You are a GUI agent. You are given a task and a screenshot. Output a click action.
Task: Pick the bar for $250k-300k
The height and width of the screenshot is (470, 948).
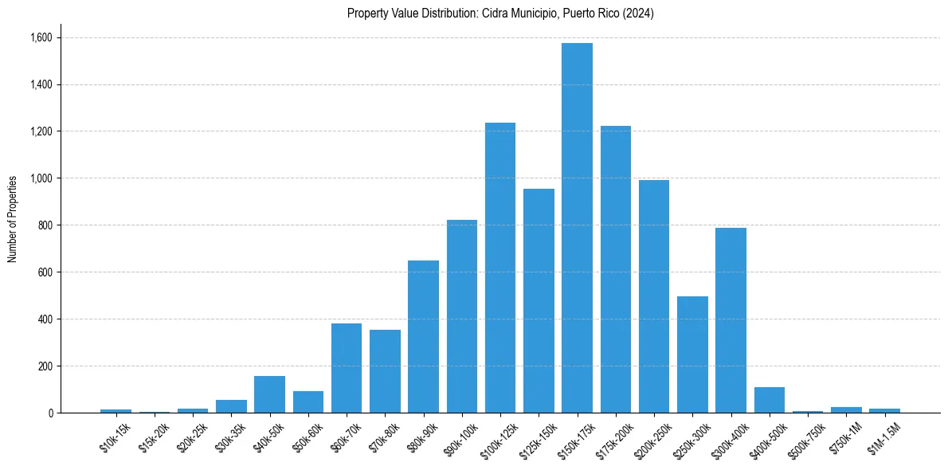(692, 354)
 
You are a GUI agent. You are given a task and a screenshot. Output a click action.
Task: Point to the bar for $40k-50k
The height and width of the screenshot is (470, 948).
(269, 394)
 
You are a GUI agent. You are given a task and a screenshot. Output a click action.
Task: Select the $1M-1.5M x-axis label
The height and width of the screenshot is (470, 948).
(883, 439)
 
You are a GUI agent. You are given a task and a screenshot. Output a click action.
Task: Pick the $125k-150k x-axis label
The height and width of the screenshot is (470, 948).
(537, 441)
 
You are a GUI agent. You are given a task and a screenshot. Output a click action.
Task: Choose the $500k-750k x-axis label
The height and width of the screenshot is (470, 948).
(806, 441)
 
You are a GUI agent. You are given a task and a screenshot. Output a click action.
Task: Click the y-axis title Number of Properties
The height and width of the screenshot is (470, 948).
(13, 219)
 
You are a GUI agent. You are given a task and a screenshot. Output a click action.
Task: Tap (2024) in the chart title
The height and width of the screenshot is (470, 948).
(639, 14)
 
